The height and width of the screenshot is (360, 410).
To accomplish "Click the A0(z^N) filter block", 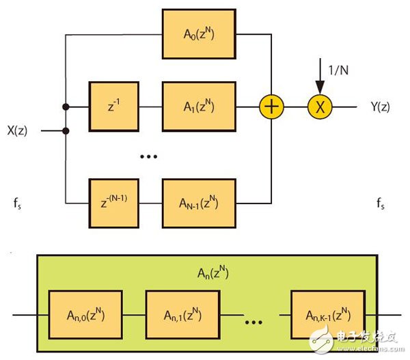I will click(199, 33).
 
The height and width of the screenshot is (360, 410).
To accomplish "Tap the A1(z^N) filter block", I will click(199, 107).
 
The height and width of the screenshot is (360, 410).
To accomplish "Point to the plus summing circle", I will click(271, 107).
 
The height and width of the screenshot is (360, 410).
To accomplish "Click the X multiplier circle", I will click(318, 107).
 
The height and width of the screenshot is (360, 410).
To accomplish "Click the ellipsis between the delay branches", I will click(148, 156).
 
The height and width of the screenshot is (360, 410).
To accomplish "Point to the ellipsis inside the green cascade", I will click(254, 317).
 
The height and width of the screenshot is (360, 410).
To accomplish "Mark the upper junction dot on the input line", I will click(65, 107).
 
